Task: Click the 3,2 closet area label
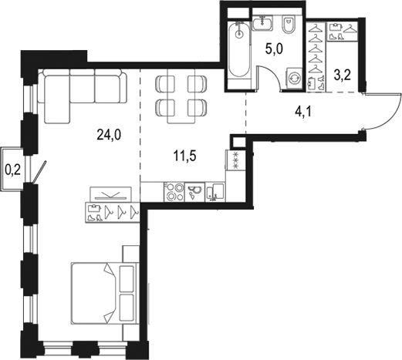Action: (x=343, y=76)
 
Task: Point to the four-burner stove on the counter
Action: (x=175, y=191)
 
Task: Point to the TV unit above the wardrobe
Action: (x=106, y=194)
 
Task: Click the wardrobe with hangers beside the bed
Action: (x=113, y=210)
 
